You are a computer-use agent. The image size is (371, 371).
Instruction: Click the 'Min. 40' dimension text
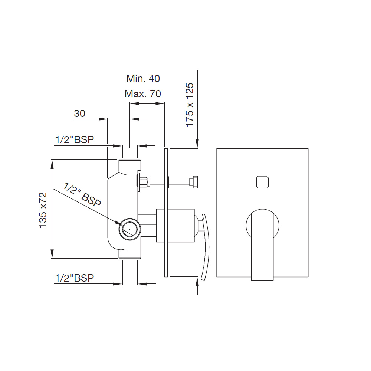143,79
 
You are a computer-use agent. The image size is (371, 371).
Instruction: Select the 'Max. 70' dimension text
143,94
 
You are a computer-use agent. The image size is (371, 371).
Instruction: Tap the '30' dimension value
79,114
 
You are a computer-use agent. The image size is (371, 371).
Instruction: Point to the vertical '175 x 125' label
190,105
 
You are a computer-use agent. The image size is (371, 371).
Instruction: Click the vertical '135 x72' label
43,210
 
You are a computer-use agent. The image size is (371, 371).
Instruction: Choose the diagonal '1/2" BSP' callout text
82,194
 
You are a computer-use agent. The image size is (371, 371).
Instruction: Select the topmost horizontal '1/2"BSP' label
74,139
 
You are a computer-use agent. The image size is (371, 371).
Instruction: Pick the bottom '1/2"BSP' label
74,278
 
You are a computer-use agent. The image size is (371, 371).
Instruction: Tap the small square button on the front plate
262,182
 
